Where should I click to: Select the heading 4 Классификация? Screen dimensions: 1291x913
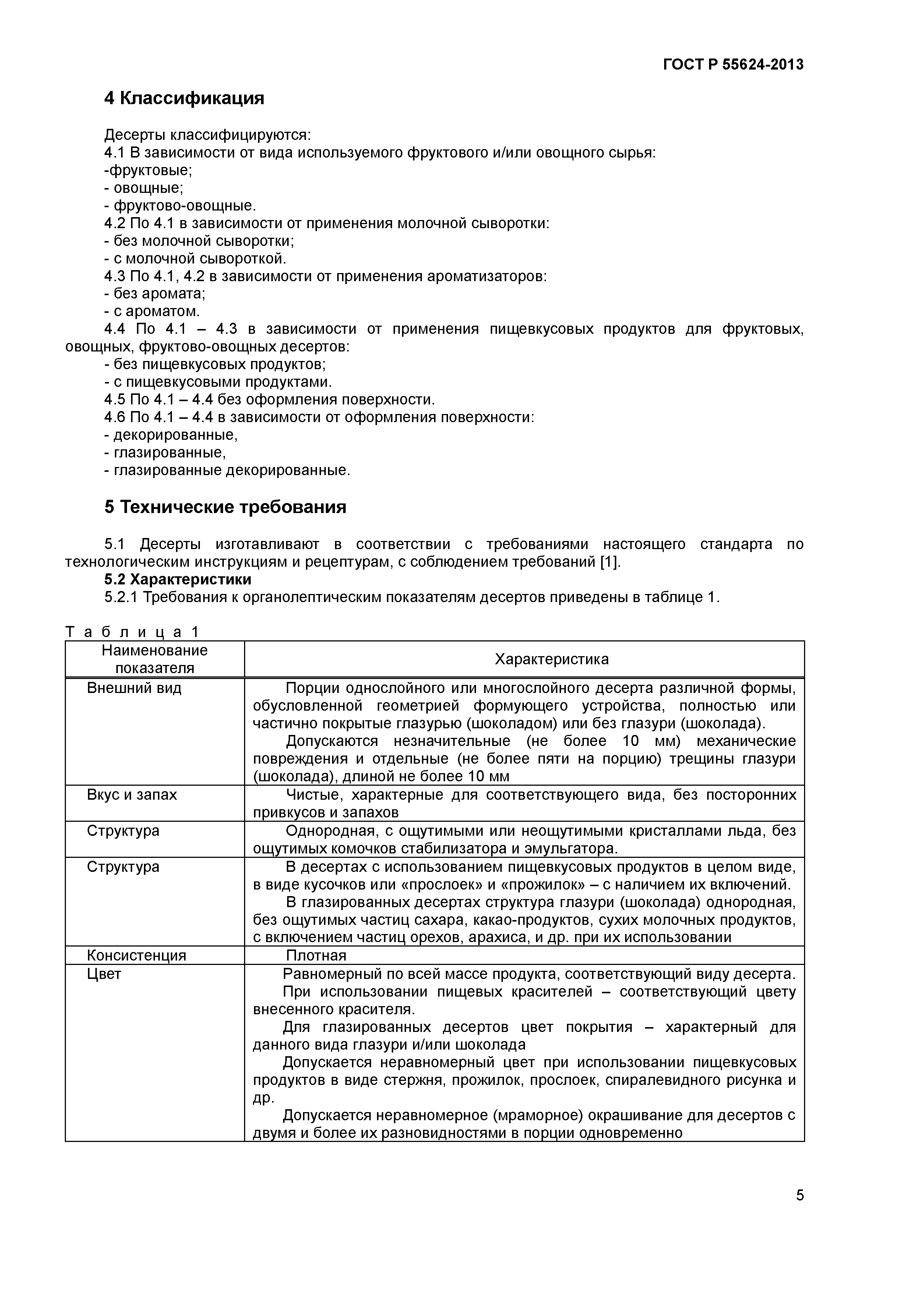pos(184,98)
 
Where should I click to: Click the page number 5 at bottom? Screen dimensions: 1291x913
pos(799,1211)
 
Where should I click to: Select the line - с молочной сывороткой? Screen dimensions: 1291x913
pos(195,259)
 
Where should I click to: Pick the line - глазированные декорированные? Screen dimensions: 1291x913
pos(227,470)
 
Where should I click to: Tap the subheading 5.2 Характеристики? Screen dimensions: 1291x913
pos(178,579)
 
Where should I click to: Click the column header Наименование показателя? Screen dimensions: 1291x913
pos(155,659)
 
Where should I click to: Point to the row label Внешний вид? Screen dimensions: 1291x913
pos(134,688)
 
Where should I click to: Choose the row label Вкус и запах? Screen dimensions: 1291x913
pos(132,795)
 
